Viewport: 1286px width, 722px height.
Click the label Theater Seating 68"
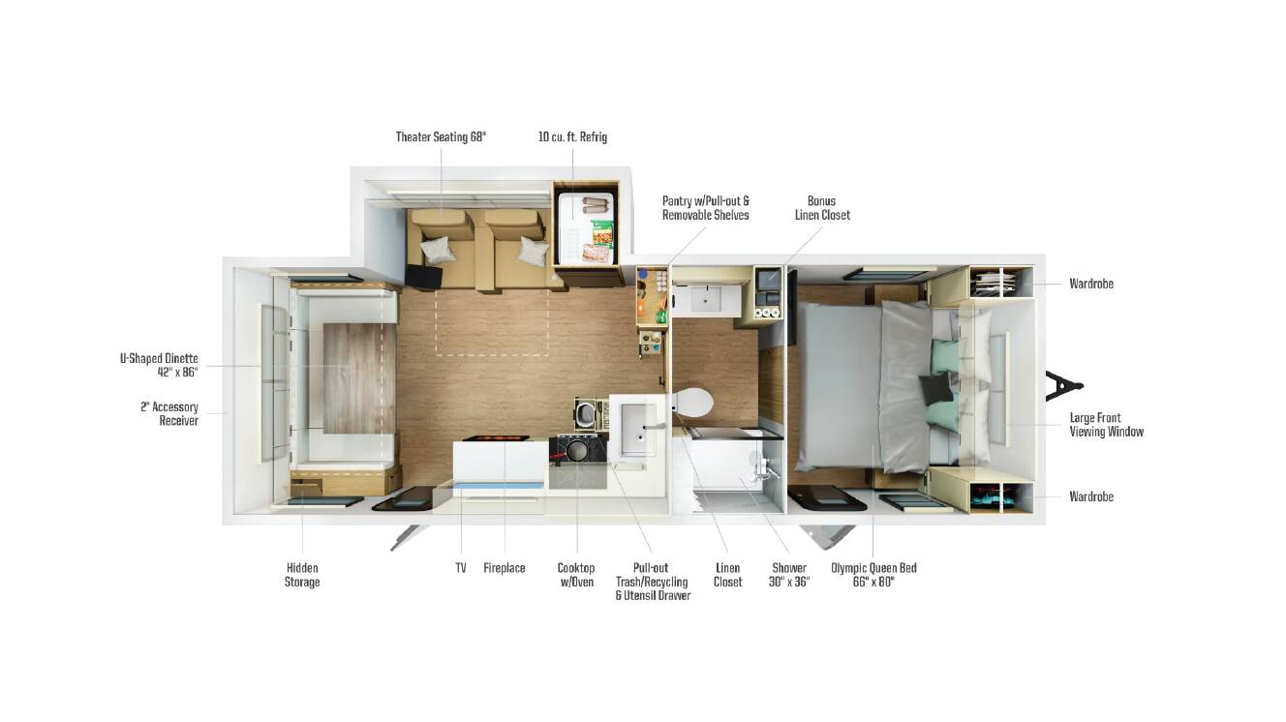[441, 137]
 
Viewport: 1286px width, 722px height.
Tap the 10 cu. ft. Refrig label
[572, 137]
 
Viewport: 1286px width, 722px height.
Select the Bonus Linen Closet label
[821, 208]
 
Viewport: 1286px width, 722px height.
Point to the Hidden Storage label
[302, 575]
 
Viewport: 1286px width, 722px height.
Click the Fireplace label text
[505, 568]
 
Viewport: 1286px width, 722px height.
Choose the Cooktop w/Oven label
[576, 575]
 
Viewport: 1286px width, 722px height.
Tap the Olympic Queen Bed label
[873, 575]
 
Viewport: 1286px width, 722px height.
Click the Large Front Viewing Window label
[1106, 425]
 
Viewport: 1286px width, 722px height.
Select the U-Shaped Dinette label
[159, 366]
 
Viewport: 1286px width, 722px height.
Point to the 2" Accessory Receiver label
[169, 414]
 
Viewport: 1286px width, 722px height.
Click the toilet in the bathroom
[693, 402]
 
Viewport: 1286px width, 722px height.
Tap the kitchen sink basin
[635, 430]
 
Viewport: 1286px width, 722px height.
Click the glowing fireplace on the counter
[496, 438]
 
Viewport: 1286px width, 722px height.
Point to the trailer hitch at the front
[1062, 385]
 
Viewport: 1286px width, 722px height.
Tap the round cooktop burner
[577, 451]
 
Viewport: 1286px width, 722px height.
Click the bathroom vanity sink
[706, 299]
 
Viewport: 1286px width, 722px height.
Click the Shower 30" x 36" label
[789, 575]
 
